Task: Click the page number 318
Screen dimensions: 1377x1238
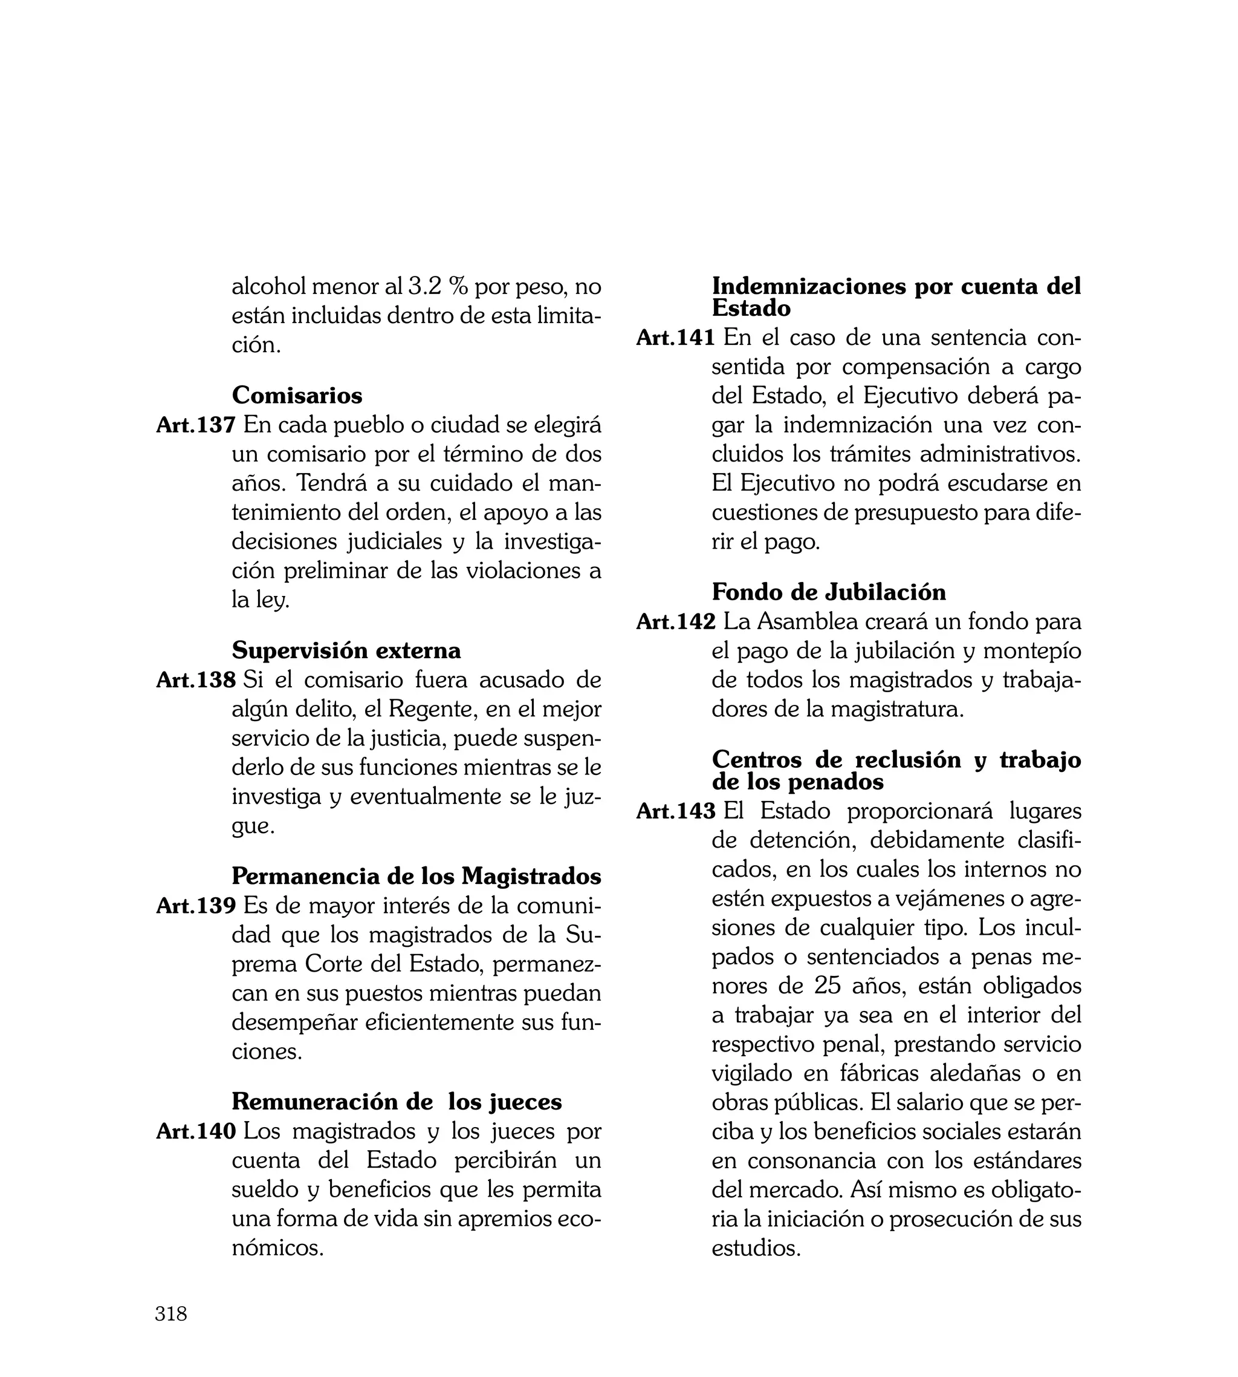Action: pos(170,1313)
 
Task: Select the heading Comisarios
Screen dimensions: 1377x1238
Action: pos(297,396)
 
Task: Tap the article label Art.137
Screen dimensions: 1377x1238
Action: pos(196,425)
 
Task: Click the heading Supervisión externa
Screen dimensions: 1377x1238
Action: pos(346,651)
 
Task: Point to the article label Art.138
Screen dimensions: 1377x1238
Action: pos(196,680)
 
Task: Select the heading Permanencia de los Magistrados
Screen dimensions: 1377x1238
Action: pos(416,876)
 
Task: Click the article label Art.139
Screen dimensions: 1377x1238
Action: pos(196,906)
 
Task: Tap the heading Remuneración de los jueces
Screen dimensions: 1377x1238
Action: pos(397,1101)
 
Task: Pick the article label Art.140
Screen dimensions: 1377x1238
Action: pos(196,1131)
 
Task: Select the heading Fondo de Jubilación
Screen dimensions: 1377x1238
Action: pos(829,592)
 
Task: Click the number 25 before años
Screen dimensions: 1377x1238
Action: pos(828,986)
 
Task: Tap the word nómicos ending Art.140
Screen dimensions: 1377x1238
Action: pos(277,1248)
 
